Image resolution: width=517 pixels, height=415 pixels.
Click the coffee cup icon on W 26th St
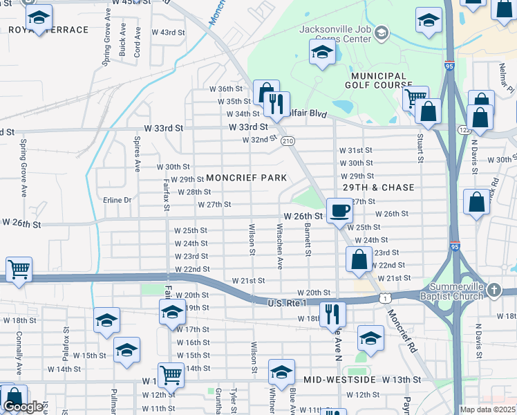(339, 210)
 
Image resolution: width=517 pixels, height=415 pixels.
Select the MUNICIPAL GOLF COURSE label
(378, 80)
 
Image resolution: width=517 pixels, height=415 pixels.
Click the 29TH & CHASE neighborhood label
(378, 187)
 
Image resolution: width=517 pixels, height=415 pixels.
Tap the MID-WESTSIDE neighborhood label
(339, 380)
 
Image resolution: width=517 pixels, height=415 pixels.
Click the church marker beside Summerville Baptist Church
(493, 289)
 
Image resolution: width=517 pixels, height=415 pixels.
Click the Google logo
(23, 407)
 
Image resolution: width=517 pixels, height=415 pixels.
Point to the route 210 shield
(288, 141)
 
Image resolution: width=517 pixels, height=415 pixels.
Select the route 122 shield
(464, 129)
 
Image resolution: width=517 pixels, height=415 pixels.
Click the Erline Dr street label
(117, 200)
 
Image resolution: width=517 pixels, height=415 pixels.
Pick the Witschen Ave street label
(280, 246)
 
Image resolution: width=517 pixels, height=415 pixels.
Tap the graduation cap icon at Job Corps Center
(322, 53)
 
